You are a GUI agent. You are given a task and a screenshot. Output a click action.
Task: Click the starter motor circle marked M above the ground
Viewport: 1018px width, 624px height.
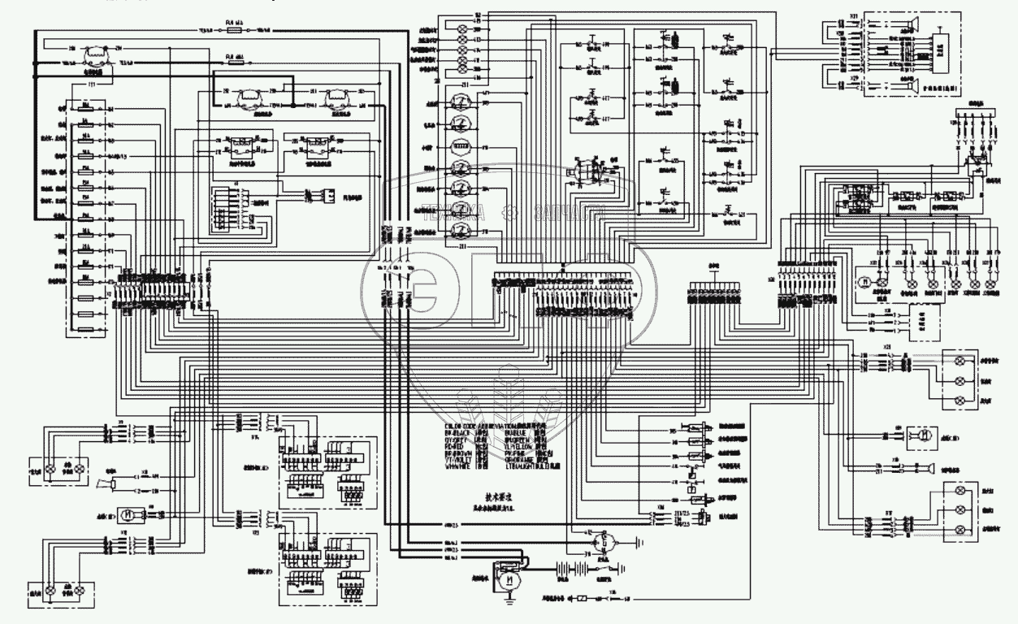[x=509, y=581]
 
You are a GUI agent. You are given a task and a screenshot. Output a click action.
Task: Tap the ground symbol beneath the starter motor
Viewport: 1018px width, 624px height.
[x=509, y=603]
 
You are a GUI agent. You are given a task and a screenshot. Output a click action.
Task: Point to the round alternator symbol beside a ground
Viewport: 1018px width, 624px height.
[x=602, y=542]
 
